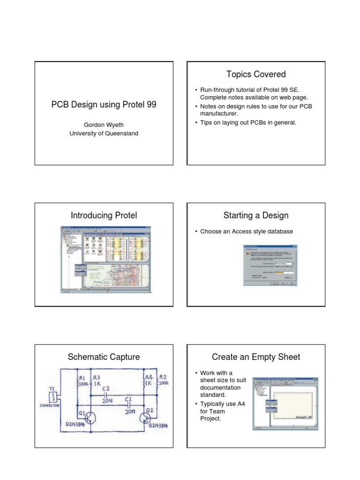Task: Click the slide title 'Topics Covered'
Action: click(255, 74)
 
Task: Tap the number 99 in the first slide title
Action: click(151, 105)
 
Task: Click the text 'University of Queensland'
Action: click(104, 133)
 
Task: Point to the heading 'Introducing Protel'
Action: click(104, 216)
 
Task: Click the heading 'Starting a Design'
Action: click(255, 216)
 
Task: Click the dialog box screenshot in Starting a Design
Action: click(270, 265)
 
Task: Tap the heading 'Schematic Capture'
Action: click(104, 357)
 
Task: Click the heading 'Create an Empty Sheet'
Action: click(255, 357)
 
